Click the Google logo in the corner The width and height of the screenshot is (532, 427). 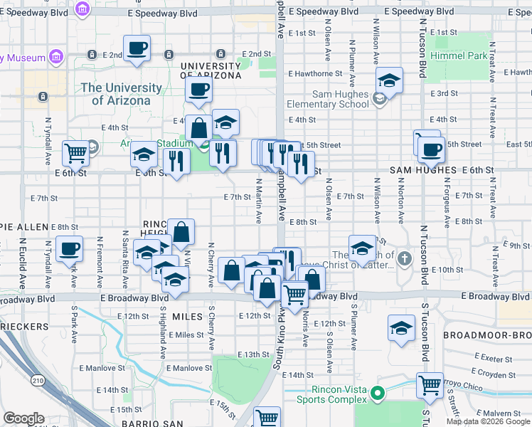[23, 418]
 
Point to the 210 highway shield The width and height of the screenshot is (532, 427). [36, 382]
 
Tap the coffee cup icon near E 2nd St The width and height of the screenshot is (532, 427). [137, 49]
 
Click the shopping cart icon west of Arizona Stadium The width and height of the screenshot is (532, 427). [75, 152]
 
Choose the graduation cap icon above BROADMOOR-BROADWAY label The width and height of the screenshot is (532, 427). [402, 328]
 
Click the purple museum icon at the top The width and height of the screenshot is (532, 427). [83, 9]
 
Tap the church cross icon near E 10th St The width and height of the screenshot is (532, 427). [405, 258]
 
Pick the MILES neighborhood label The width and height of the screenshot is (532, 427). [188, 315]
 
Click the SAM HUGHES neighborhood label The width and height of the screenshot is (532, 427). [422, 171]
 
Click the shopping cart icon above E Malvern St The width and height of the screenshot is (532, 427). [430, 386]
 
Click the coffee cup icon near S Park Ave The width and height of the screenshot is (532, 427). [70, 249]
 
